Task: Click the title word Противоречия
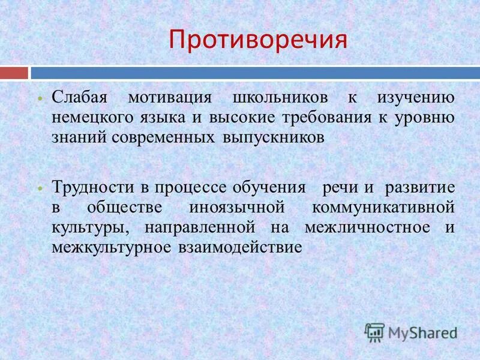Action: [258, 39]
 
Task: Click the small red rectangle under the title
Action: [14, 73]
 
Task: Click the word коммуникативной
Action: [383, 207]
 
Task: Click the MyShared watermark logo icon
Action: [375, 331]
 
